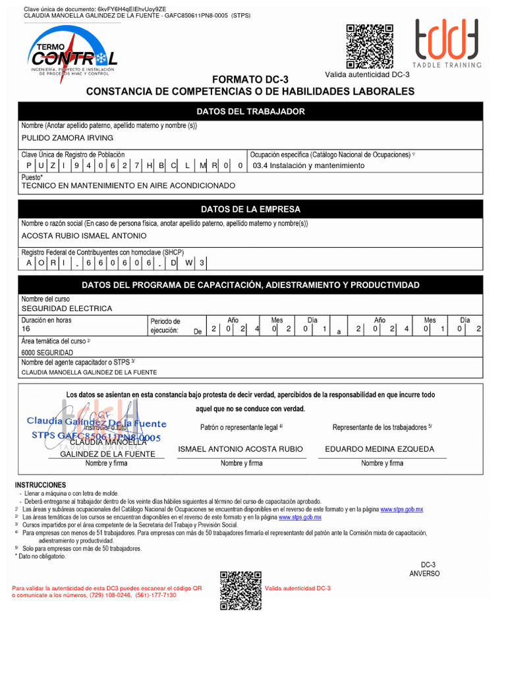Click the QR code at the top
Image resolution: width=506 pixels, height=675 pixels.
click(370, 46)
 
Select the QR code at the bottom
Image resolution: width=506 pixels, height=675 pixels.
click(240, 591)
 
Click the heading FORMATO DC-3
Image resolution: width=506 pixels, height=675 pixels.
click(250, 79)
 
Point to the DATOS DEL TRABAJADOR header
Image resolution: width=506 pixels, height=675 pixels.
click(250, 111)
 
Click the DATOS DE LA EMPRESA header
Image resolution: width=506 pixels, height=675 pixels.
click(250, 209)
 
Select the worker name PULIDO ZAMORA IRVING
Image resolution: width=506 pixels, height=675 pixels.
click(67, 138)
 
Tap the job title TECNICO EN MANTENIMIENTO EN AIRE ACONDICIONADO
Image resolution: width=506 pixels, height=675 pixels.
click(128, 186)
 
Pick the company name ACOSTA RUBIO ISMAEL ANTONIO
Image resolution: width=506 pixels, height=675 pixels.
click(84, 236)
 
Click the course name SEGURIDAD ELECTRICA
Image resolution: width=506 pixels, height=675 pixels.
click(67, 308)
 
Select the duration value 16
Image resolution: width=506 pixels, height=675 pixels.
click(26, 328)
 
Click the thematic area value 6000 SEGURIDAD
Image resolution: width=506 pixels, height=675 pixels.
click(47, 353)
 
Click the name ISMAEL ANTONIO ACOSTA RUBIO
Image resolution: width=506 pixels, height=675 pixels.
click(240, 449)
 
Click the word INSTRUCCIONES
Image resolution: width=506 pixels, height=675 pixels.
click(40, 485)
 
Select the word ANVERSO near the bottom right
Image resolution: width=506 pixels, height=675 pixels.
click(424, 573)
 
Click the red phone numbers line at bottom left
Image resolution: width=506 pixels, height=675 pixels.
click(94, 595)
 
